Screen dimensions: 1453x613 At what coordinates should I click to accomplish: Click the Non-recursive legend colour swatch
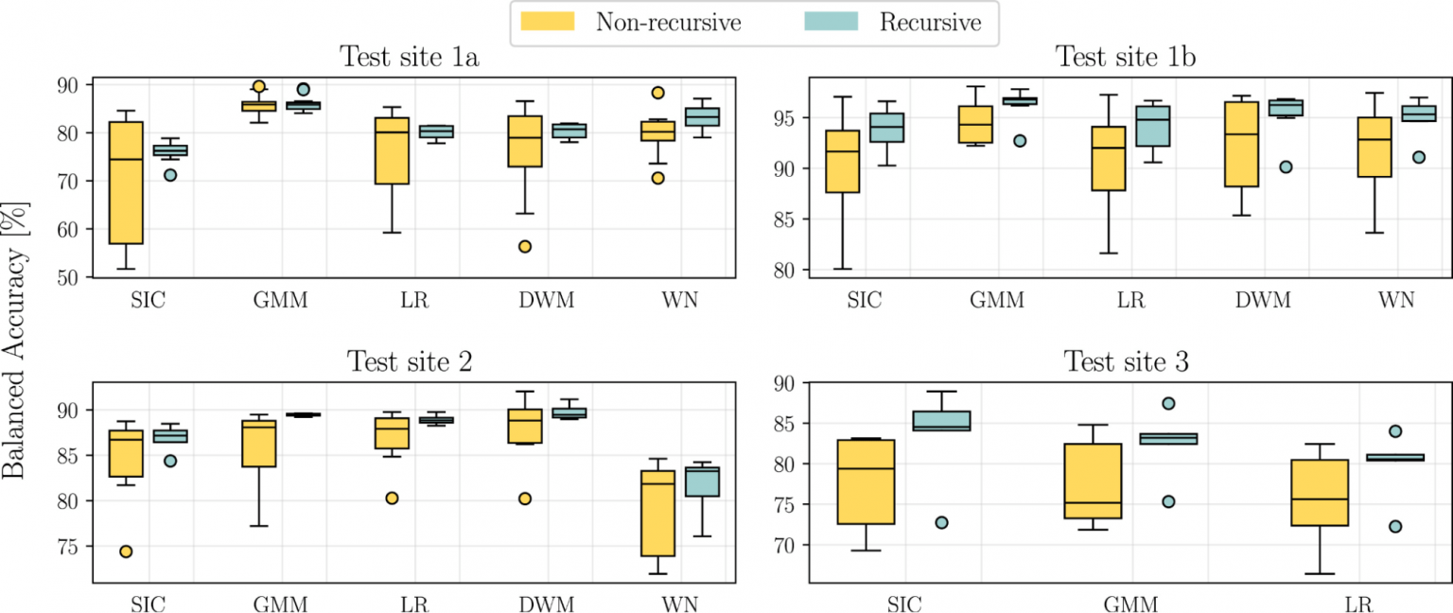pos(548,22)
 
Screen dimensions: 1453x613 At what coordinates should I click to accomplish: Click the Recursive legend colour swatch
pos(831,22)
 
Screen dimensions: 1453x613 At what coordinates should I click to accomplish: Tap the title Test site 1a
pos(410,57)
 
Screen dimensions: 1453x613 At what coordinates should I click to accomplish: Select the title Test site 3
pos(1126,361)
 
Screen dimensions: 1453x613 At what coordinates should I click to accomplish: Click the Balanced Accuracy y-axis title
pos(14,341)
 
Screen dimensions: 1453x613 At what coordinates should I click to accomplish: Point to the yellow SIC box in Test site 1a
pos(126,183)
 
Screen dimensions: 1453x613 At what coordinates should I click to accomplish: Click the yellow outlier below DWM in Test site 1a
pos(525,247)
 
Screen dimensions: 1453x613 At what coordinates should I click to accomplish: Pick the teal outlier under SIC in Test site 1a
pos(170,175)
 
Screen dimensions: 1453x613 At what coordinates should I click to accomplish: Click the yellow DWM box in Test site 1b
pos(1241,144)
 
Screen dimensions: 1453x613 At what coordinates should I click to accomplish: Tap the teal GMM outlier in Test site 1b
pos(1020,141)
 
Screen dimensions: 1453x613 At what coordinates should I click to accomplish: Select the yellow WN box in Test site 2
pos(657,513)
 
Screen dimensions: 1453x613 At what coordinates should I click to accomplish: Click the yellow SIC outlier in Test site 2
pos(126,552)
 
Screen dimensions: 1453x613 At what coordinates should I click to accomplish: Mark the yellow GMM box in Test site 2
pos(259,444)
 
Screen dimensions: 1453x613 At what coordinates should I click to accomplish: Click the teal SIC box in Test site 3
pos(941,421)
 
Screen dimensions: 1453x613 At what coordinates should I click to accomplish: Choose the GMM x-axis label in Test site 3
pos(1130,604)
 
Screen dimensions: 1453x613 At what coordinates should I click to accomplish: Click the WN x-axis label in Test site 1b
pos(1396,300)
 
